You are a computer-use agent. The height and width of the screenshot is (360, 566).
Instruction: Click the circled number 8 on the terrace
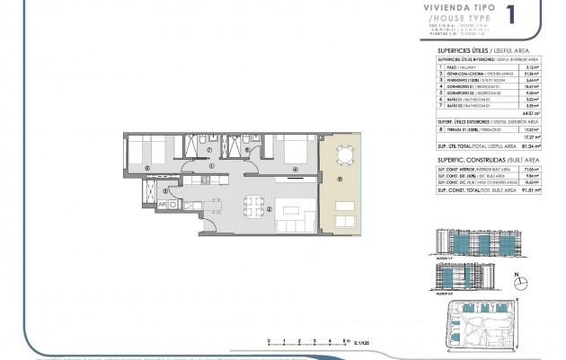pos(340,178)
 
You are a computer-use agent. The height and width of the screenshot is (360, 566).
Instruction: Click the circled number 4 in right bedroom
pos(296,166)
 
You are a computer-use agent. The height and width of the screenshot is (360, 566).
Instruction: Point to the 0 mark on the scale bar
pos(270,338)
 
